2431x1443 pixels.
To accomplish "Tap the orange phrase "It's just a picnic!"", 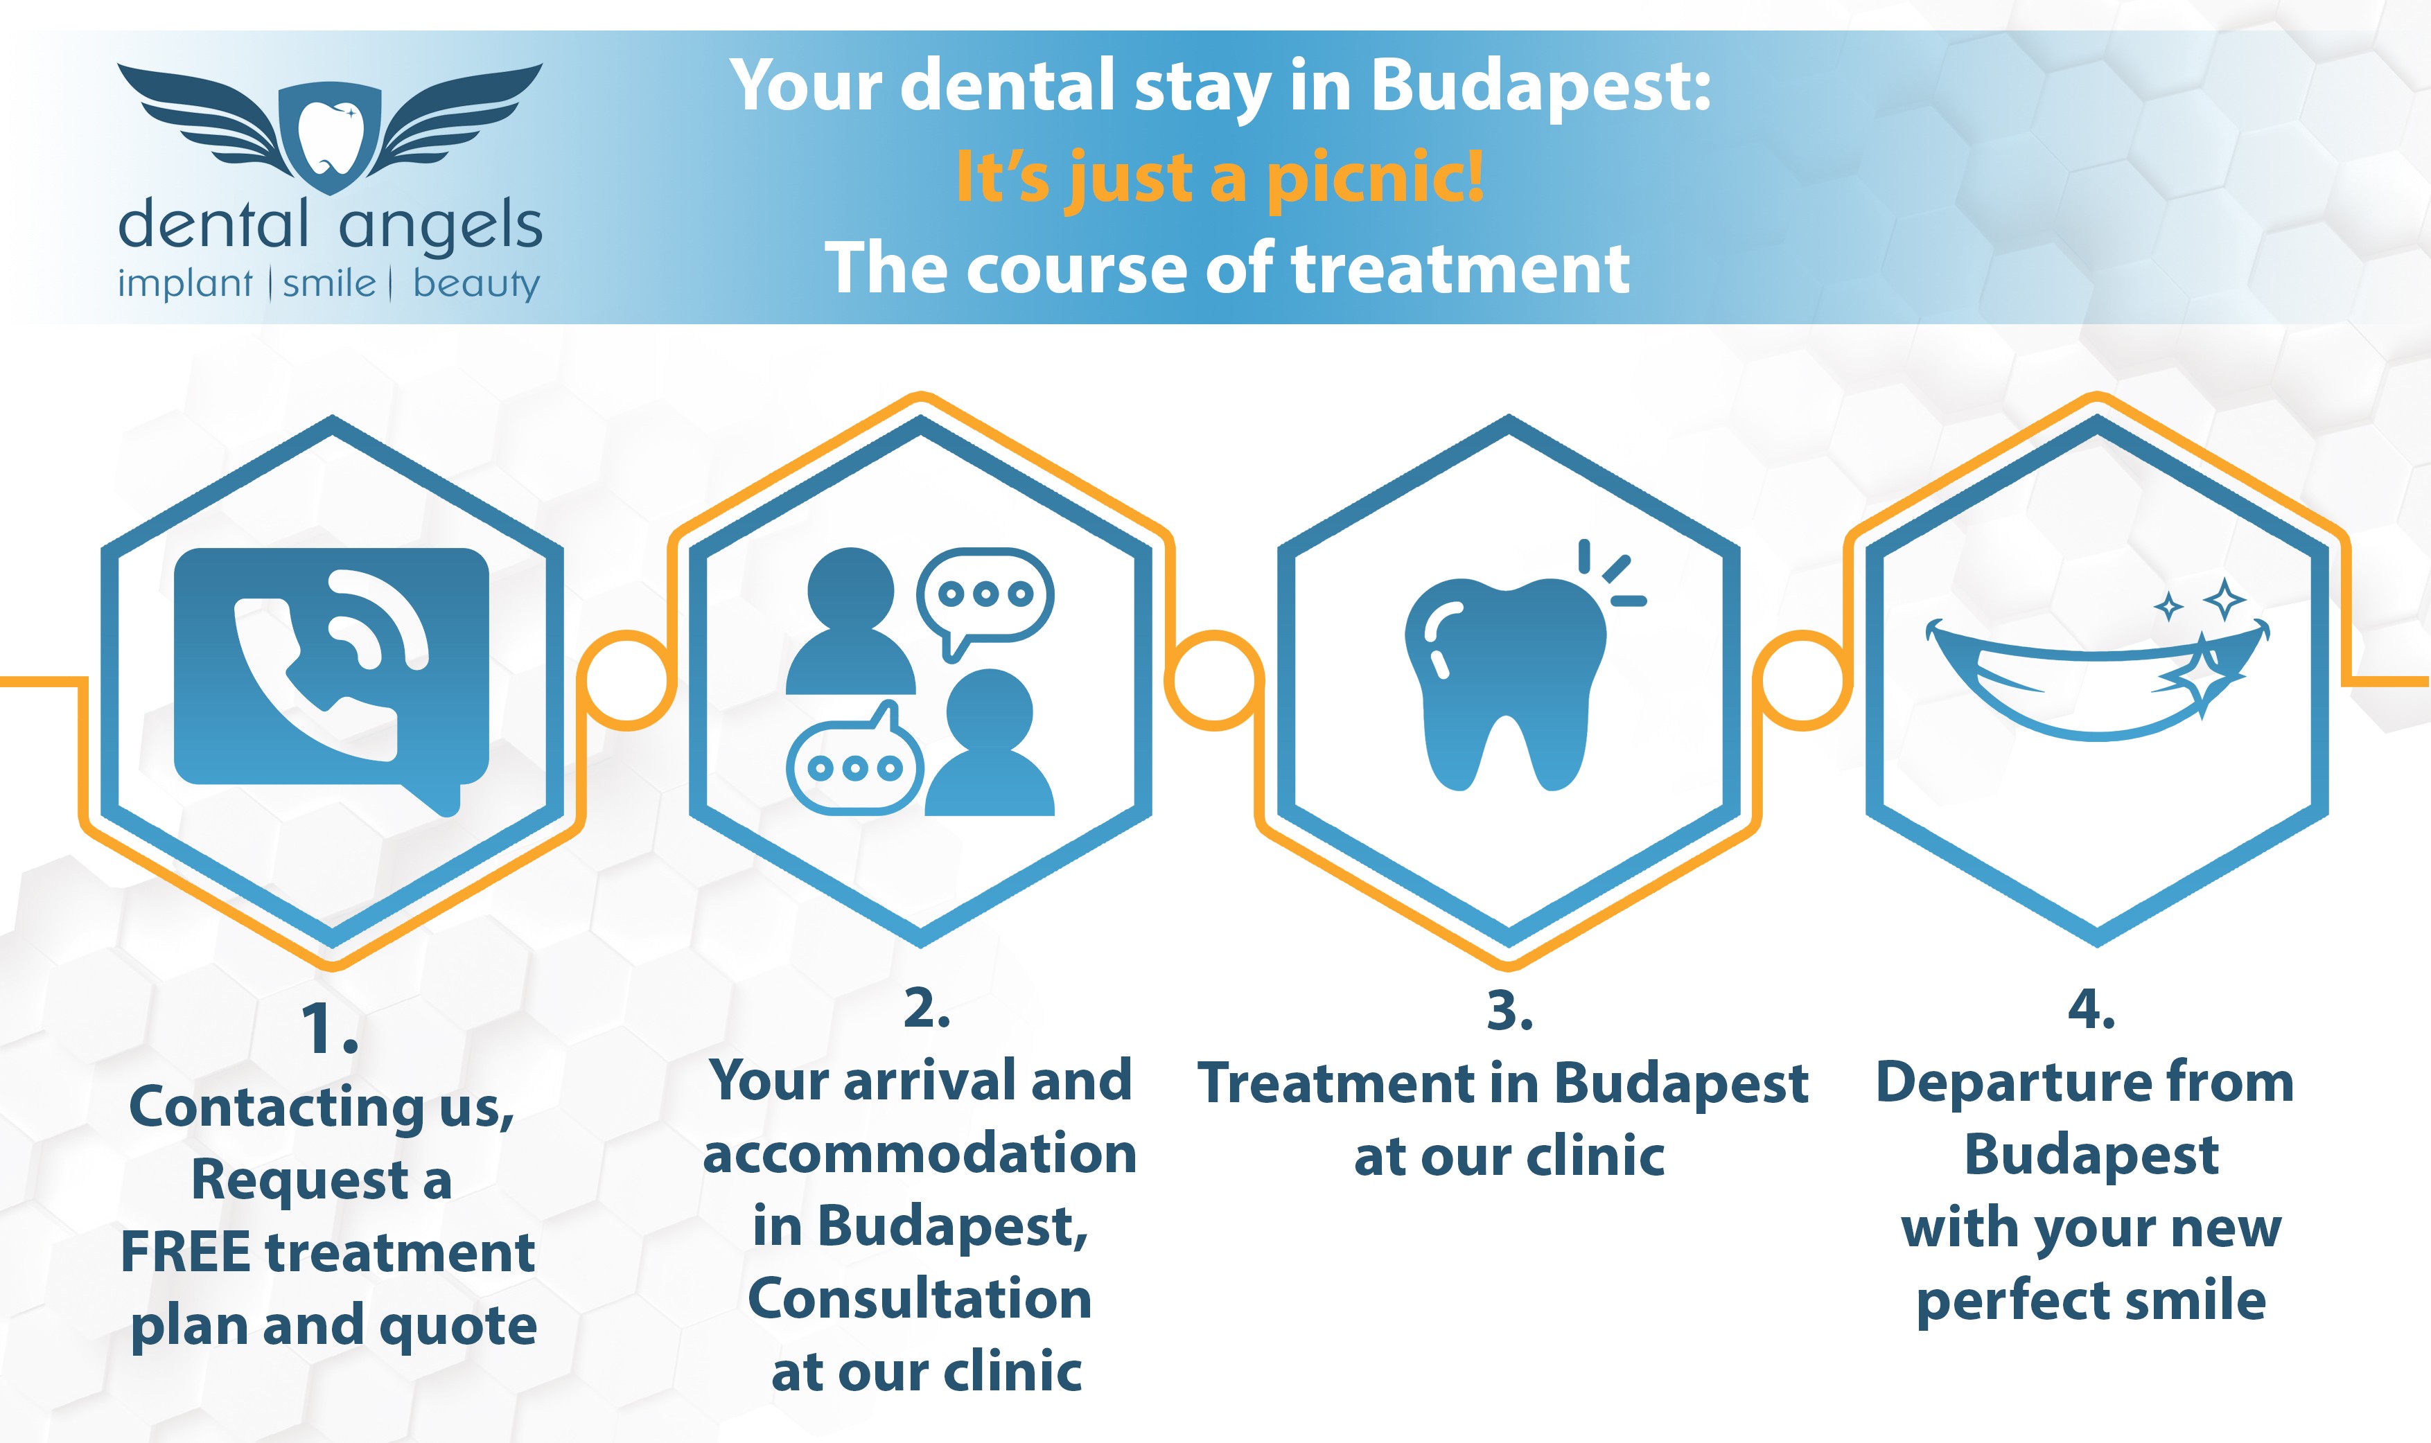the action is coord(1220,178).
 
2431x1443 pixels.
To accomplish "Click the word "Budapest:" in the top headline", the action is coord(1541,87).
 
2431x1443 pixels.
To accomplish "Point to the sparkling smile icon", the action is coord(2098,661).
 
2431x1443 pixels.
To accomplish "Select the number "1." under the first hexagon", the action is coord(328,1029).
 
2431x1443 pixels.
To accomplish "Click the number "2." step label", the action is coord(927,1009).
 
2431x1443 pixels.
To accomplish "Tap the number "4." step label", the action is coord(2091,1009).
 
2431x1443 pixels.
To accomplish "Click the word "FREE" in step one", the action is coord(186,1252).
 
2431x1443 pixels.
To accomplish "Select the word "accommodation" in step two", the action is coord(920,1154).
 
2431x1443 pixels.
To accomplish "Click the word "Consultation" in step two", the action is coord(920,1299).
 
